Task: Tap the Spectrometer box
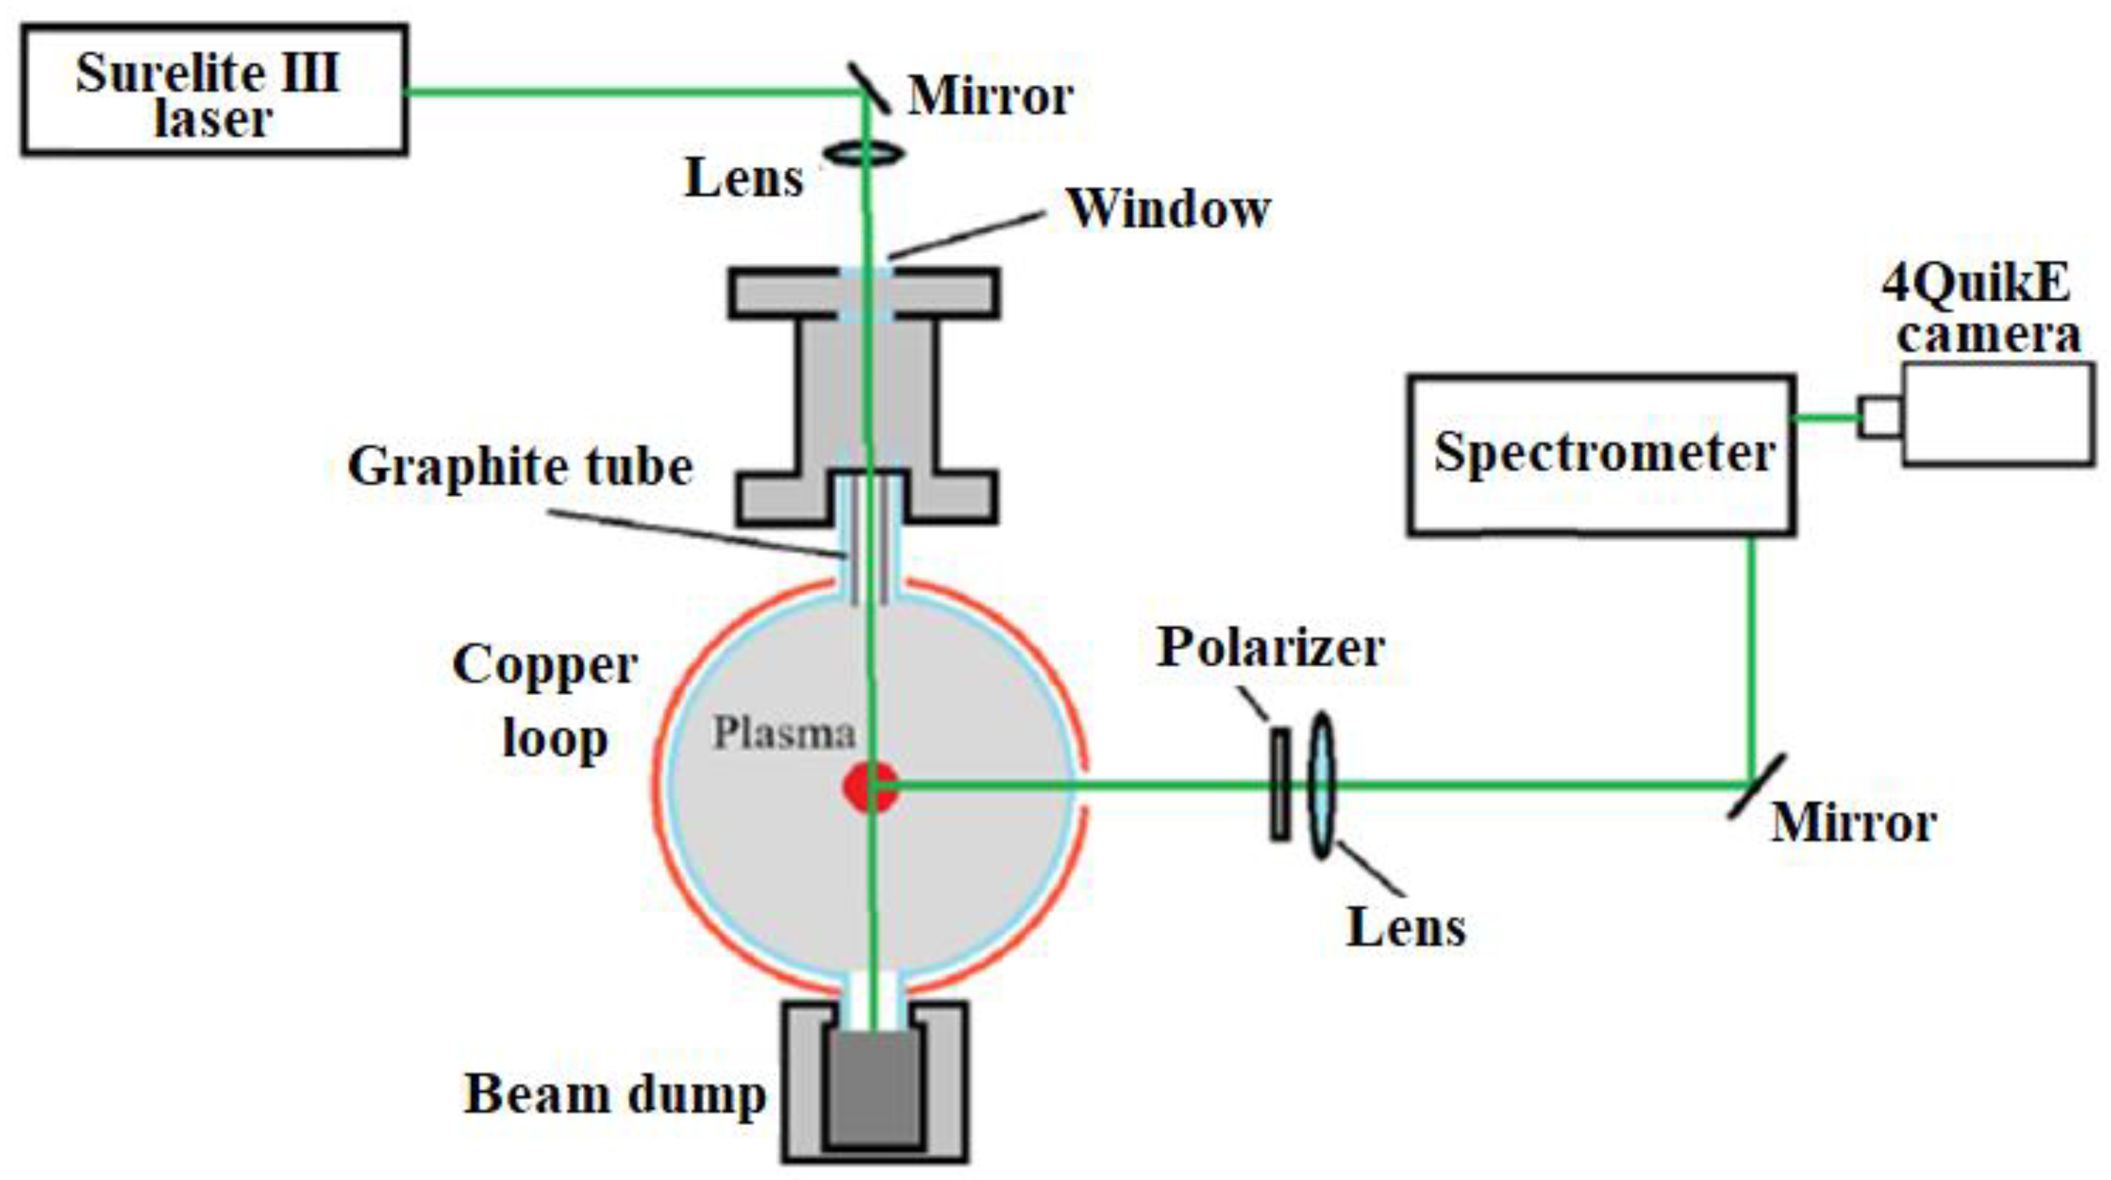tap(1602, 455)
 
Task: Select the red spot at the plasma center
tap(869, 787)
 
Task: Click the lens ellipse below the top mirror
tap(864, 153)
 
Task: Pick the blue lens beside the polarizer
tap(1321, 785)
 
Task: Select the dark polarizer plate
tap(1280, 785)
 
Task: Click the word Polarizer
tap(1270, 647)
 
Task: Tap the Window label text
tap(1168, 209)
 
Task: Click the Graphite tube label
tap(521, 467)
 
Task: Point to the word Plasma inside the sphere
tap(784, 733)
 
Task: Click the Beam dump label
tap(614, 1094)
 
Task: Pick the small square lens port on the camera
tap(1881, 417)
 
